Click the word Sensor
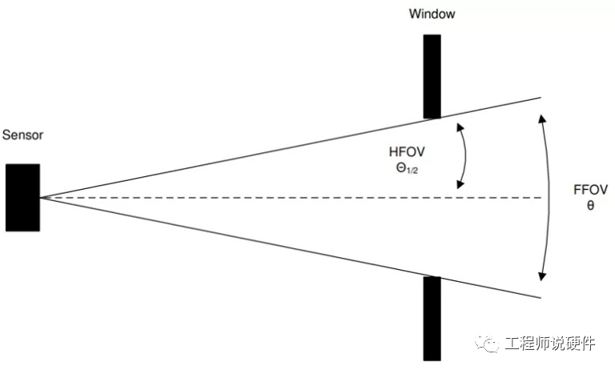coord(22,135)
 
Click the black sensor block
coord(22,198)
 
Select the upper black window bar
coord(432,75)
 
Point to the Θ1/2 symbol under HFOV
coord(402,169)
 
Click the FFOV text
coord(591,190)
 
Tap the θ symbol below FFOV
coord(591,205)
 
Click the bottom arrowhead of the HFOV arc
coord(460,186)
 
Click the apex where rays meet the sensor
coord(41,197)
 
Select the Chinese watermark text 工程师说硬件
coord(551,344)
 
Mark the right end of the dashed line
coord(541,198)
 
